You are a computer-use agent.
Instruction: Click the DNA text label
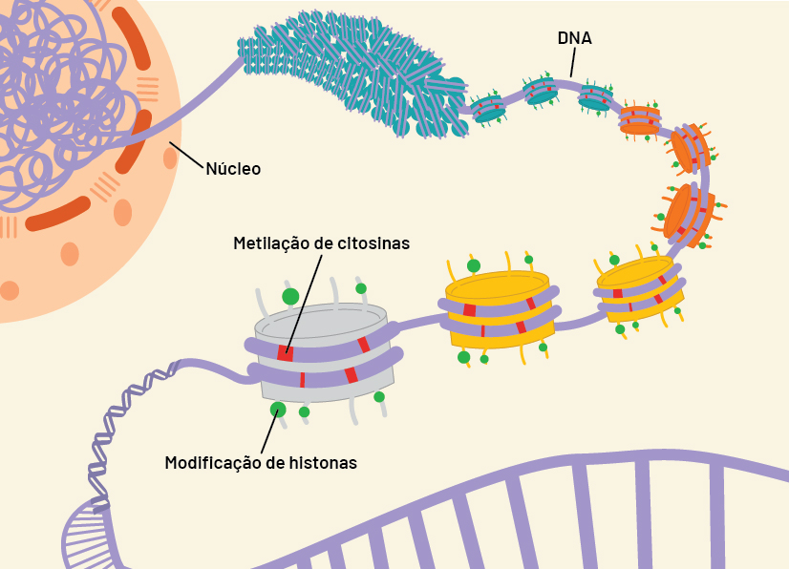click(574, 38)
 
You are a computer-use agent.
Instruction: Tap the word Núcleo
click(233, 169)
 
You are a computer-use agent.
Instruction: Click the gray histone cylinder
click(323, 352)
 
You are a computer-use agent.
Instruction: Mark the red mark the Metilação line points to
click(285, 353)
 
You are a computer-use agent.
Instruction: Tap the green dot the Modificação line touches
click(278, 410)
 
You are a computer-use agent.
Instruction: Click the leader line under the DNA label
click(573, 62)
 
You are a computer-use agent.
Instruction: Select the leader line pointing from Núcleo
click(187, 155)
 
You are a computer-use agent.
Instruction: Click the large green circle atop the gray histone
click(290, 296)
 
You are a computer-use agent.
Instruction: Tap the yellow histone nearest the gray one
click(500, 309)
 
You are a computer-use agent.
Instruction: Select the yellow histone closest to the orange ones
click(640, 289)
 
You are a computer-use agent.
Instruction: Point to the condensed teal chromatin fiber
click(352, 73)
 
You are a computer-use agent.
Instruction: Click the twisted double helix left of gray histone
click(120, 428)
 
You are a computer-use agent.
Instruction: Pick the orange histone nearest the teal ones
click(639, 120)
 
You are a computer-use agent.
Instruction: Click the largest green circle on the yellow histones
click(474, 265)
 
